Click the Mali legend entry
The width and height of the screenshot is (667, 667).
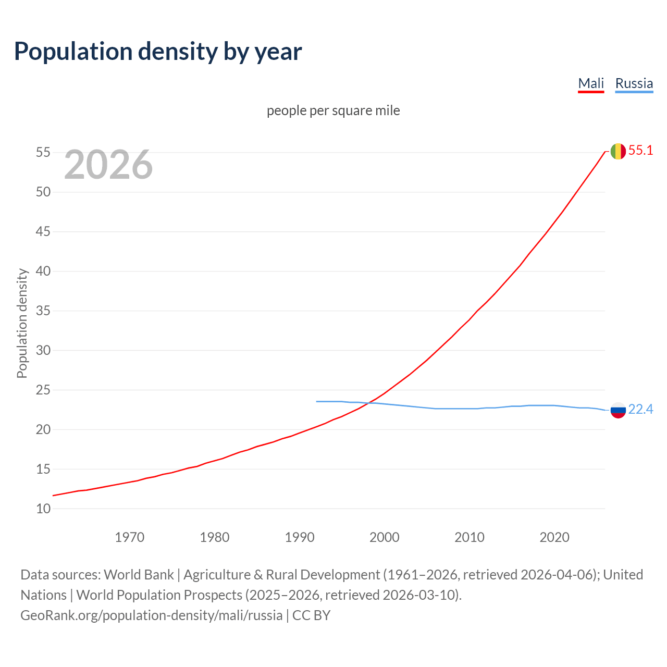coord(591,84)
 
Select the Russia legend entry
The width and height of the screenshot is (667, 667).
coord(634,84)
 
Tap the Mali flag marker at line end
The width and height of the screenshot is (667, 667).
coord(618,151)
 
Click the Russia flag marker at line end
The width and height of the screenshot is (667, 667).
coord(618,410)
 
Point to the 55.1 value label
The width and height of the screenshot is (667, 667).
coord(640,151)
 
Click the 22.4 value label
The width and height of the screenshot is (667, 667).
coord(640,410)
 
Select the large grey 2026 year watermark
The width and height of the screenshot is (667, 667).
coord(108,165)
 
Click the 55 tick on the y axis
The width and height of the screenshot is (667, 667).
coord(43,153)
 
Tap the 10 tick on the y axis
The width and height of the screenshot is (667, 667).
coord(43,509)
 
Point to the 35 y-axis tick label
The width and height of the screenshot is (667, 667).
coord(43,311)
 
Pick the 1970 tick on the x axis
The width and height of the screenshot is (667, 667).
coord(129,537)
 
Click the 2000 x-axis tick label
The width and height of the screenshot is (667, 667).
coord(384,537)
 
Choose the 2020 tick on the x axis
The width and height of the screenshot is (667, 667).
coord(554,537)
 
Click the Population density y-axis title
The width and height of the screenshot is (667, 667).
coord(22,323)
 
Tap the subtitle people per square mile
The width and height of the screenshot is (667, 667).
coord(333,111)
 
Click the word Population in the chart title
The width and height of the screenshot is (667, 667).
coord(73,52)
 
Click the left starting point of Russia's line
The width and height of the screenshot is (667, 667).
coord(317,401)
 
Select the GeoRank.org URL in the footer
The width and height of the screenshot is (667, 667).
coord(151,615)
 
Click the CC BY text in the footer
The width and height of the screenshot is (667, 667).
coord(312,615)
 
